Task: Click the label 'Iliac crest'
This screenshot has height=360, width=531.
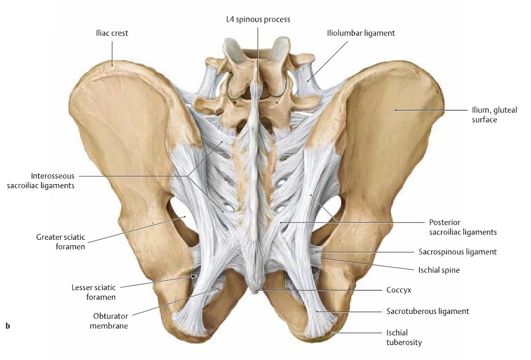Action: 112,33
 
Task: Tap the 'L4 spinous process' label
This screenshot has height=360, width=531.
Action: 258,19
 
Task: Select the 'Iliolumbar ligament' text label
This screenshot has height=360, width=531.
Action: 361,33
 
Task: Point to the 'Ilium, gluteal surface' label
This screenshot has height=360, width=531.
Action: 494,115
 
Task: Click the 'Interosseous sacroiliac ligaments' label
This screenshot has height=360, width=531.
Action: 40,181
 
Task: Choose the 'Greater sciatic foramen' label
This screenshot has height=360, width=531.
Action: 61,242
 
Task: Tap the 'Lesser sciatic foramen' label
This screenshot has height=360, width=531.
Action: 93,292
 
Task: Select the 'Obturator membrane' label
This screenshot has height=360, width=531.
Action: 109,321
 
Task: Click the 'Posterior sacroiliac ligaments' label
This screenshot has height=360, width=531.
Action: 463,227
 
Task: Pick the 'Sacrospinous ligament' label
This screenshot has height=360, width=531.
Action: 457,252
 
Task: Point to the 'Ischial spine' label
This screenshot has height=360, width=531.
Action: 439,270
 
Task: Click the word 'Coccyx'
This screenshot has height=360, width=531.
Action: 399,290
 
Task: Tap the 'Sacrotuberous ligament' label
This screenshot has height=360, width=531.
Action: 428,311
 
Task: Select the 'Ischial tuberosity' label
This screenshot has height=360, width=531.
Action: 404,338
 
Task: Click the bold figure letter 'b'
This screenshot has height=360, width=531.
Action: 8,326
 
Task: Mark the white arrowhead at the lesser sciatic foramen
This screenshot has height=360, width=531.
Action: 194,276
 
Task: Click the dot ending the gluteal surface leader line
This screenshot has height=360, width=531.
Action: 395,110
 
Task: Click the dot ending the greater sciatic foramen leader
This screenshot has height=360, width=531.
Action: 185,216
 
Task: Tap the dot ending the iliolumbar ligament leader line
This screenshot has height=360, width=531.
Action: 308,80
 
